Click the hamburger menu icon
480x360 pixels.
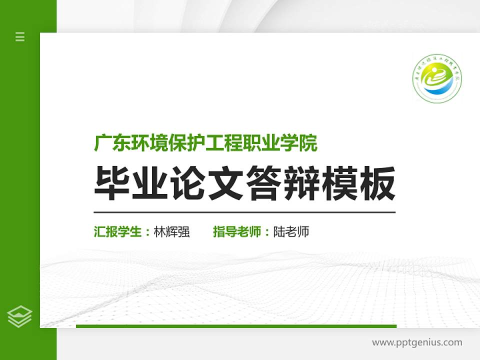tap(20, 36)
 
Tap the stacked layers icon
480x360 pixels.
tap(20, 316)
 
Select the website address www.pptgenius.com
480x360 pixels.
tap(417, 342)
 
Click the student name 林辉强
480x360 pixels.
tap(171, 232)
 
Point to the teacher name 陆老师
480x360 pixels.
tap(291, 232)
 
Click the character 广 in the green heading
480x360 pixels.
tap(102, 143)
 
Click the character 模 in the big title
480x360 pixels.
tap(339, 183)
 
